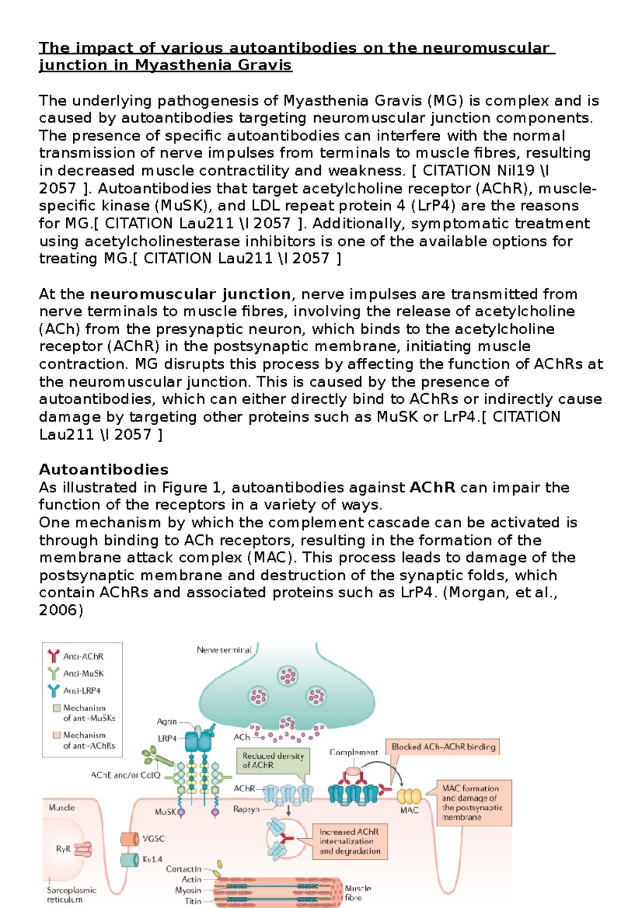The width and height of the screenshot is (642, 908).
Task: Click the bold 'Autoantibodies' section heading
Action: point(103,470)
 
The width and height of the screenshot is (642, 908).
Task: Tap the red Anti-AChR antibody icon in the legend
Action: point(53,656)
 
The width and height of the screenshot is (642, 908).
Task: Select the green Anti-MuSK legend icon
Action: point(53,673)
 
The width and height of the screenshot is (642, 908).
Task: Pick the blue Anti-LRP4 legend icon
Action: point(53,690)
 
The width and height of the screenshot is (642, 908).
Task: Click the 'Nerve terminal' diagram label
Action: point(224,650)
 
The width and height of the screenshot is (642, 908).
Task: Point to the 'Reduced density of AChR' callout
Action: point(273,760)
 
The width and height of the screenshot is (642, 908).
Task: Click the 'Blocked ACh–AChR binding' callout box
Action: point(444,747)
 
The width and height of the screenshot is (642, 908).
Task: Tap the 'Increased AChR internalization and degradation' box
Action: point(350,841)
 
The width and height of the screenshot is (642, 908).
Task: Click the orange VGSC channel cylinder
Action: point(129,838)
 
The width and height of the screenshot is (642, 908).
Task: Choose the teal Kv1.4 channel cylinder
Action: point(129,859)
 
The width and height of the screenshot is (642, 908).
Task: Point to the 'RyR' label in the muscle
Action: point(63,849)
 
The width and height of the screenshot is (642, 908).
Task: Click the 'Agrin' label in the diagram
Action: point(166,721)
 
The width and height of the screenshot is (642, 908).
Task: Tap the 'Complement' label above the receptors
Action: point(354,752)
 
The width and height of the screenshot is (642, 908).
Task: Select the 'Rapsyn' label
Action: point(246,809)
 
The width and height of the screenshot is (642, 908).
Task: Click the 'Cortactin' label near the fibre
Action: point(184,869)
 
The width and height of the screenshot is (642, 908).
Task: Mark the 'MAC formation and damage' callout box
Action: point(473,802)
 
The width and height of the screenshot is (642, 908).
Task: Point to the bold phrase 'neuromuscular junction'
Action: point(190,294)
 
